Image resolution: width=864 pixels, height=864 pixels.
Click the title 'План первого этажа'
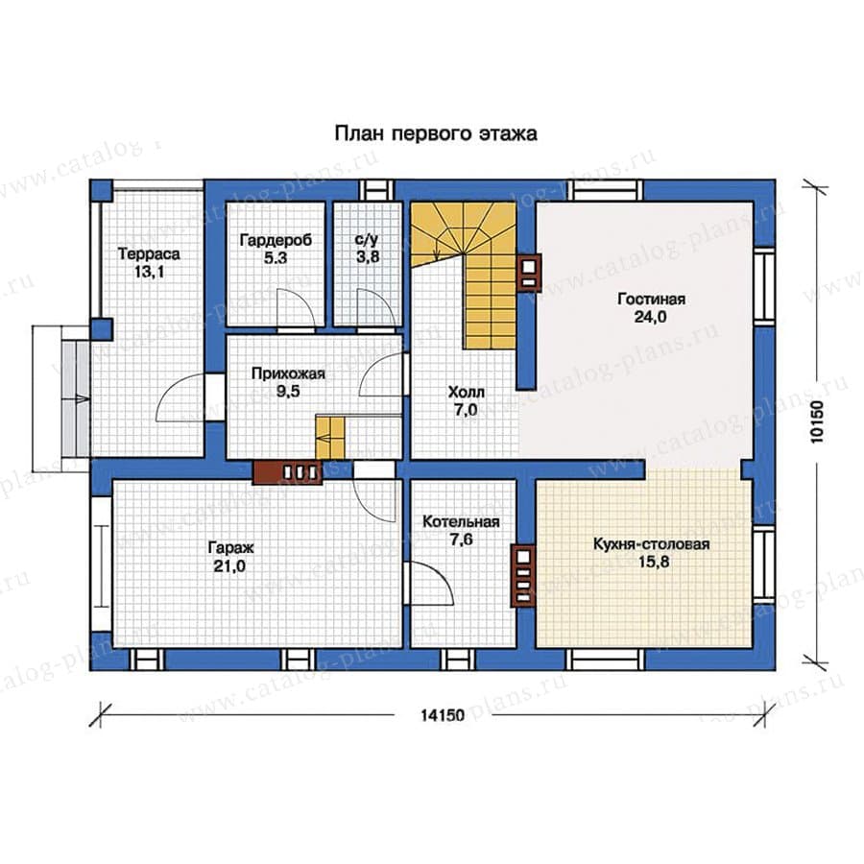[436, 133]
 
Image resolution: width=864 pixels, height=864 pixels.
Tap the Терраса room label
[149, 254]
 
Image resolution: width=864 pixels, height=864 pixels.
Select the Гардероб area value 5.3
[275, 258]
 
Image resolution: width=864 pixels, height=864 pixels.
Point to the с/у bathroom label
[367, 240]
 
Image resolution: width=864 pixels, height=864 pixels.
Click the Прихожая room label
[288, 374]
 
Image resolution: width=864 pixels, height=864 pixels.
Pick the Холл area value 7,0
[466, 410]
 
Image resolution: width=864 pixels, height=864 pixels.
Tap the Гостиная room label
[651, 300]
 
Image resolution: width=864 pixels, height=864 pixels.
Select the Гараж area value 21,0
[230, 565]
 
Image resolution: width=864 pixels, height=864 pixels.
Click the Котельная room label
[461, 522]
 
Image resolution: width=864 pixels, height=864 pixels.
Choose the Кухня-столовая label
[651, 544]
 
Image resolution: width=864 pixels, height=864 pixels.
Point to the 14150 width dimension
[443, 715]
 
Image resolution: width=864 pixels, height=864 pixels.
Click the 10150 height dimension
[817, 421]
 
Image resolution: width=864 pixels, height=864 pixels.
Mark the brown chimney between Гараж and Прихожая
[287, 472]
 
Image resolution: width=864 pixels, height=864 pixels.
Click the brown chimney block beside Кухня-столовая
[523, 575]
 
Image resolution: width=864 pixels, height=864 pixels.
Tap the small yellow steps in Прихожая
[330, 438]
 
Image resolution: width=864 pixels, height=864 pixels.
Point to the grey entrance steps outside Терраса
[74, 397]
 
